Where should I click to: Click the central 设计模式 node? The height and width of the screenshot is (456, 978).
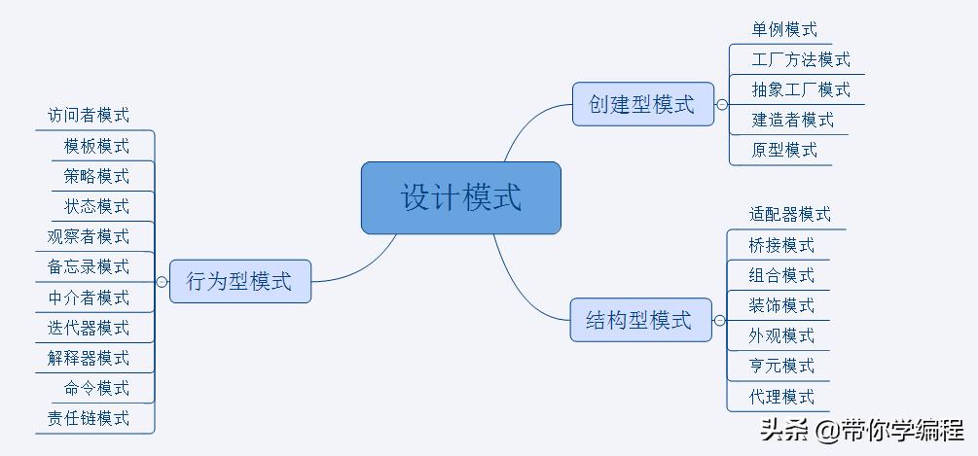461,198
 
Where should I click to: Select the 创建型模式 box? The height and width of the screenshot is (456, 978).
642,104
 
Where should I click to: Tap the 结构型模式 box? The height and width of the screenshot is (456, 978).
639,320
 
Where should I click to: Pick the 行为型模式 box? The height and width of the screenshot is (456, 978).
239,282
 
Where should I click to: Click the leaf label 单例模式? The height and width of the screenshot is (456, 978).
784,30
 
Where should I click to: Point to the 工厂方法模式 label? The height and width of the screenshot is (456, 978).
801,60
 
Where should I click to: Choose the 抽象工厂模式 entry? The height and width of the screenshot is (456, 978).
801,90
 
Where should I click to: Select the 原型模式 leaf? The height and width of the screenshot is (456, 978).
784,151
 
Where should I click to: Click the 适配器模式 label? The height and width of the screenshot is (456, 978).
790,215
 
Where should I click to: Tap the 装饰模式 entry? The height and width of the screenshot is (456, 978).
781,305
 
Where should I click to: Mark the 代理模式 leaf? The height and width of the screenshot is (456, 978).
781,397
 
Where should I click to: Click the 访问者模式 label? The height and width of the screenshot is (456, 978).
89,116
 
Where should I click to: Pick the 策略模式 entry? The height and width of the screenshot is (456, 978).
96,176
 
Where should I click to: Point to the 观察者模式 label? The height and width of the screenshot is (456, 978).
89,236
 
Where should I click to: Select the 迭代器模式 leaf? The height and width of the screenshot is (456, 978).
89,328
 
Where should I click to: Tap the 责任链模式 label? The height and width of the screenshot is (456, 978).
89,419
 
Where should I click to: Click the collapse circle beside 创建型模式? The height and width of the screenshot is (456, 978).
722,104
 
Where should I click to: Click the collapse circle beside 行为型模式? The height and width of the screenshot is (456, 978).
162,282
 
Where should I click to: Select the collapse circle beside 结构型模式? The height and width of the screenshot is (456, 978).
720,320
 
